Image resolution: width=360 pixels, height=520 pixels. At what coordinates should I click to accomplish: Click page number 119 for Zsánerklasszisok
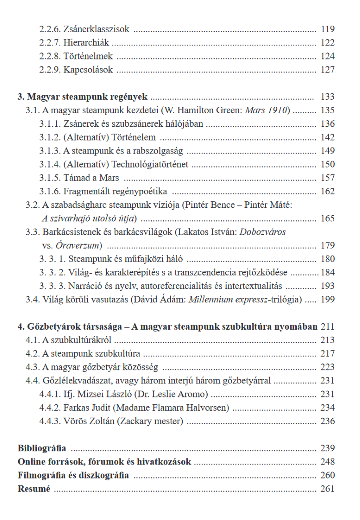(328, 29)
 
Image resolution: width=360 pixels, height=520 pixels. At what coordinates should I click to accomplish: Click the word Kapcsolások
(88, 70)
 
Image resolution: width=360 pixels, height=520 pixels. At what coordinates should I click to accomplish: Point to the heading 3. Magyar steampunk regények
(84, 97)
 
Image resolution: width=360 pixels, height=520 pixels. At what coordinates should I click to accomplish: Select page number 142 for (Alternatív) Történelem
(328, 137)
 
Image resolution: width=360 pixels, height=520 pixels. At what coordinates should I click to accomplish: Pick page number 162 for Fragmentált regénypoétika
(328, 191)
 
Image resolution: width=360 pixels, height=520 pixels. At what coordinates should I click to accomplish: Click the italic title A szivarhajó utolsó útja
(89, 218)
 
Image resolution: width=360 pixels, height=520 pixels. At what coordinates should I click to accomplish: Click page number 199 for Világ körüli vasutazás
(328, 299)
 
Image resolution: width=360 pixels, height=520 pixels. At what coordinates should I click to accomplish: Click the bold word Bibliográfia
(42, 448)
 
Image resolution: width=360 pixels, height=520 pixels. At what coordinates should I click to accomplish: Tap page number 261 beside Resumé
(328, 489)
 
